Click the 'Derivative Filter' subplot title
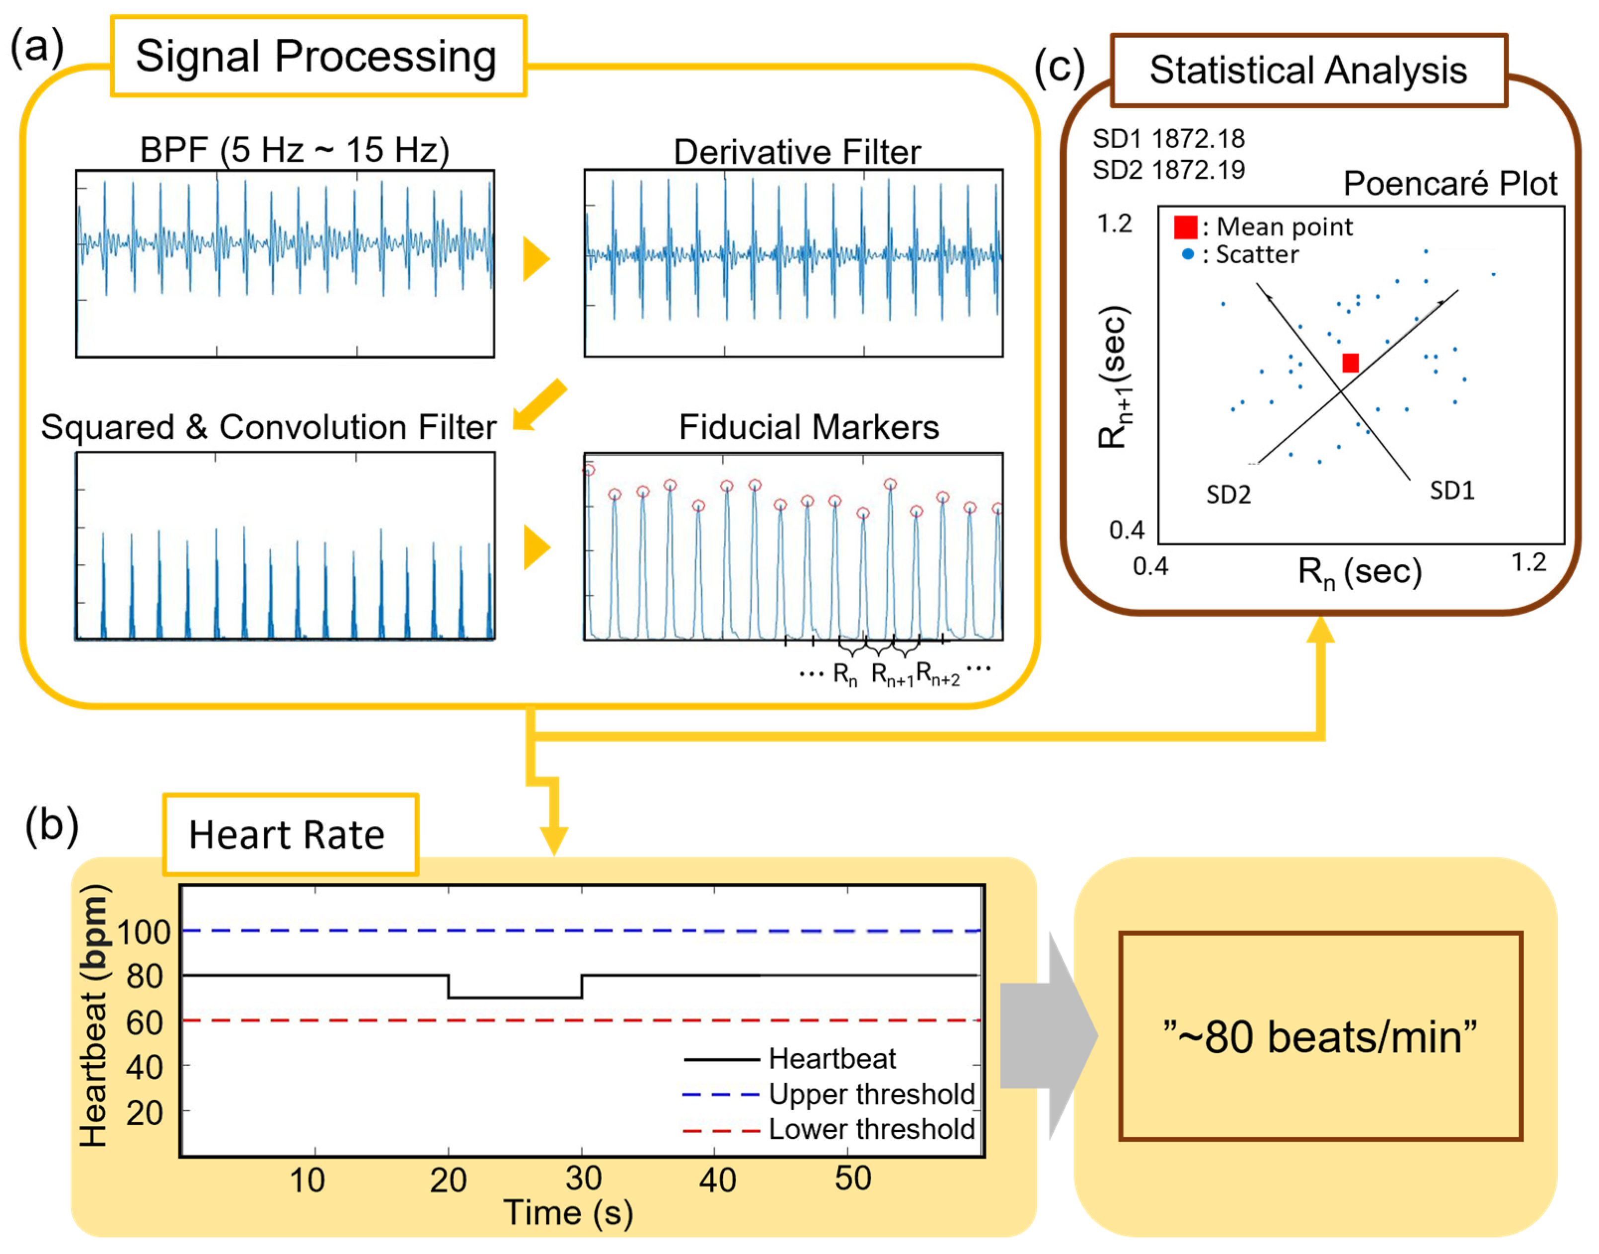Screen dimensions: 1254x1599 [797, 152]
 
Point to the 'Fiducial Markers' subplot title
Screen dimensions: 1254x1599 [808, 427]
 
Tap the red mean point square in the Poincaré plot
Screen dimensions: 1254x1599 [1350, 363]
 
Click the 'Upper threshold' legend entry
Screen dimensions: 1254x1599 [871, 1094]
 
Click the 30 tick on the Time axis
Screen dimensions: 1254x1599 [584, 1179]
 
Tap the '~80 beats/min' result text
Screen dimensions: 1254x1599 [1320, 1037]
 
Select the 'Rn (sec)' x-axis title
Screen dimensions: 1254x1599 [1359, 572]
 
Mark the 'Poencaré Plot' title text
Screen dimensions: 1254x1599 [1450, 183]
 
